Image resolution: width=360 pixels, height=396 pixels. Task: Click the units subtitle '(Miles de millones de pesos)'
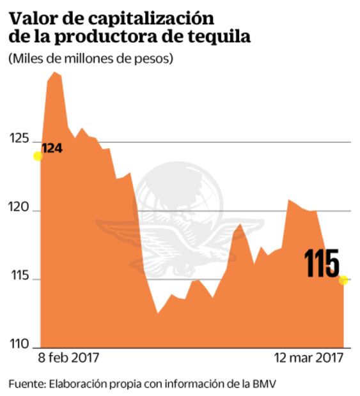(x=91, y=59)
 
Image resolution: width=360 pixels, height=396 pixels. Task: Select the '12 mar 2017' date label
(x=308, y=356)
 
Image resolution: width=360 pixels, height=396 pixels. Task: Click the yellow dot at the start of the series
(x=38, y=156)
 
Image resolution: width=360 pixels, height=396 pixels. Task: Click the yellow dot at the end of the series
(x=343, y=280)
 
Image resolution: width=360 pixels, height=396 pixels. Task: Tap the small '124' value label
(x=52, y=148)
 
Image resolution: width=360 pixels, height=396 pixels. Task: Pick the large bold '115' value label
(x=321, y=263)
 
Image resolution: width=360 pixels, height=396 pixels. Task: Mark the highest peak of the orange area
(x=54, y=73)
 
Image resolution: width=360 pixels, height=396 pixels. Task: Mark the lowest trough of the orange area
(x=157, y=313)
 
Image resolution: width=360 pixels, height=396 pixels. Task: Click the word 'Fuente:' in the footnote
(x=26, y=384)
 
